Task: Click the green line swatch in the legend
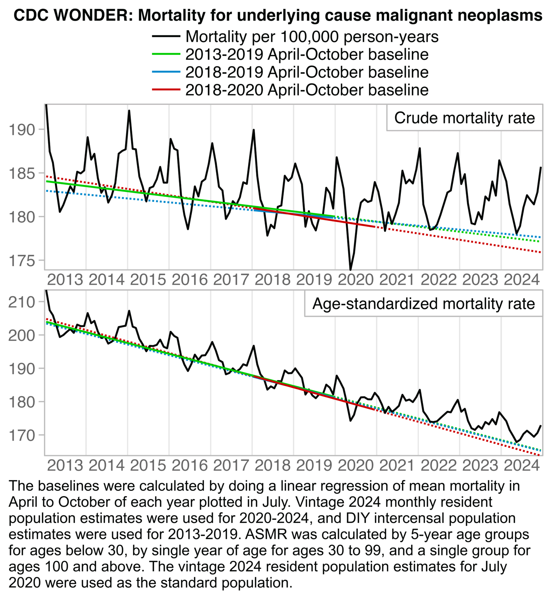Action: (166, 54)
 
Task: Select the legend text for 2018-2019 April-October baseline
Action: (307, 72)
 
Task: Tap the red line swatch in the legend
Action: (166, 90)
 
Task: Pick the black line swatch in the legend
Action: (166, 36)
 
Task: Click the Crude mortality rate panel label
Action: (464, 118)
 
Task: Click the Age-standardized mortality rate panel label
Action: (423, 304)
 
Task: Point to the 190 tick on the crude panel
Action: (22, 130)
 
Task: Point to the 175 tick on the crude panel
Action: (22, 261)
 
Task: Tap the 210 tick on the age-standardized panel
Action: (22, 302)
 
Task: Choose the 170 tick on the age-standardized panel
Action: (22, 435)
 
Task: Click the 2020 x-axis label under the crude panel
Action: (356, 280)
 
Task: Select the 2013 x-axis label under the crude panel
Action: (65, 280)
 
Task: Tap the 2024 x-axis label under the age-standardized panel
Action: (522, 465)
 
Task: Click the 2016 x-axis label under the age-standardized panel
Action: (189, 465)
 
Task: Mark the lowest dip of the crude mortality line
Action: (351, 270)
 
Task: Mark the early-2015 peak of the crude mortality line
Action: (129, 111)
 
